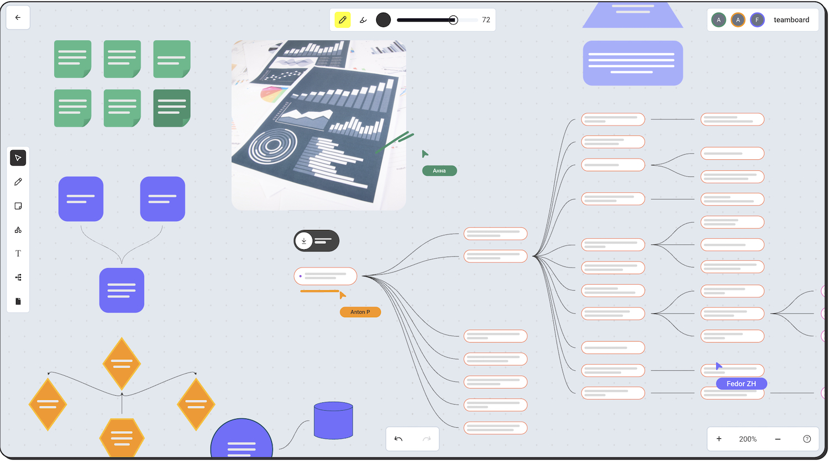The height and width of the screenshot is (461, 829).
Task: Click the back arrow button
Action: coord(18,18)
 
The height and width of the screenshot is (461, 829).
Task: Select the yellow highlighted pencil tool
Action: coord(343,20)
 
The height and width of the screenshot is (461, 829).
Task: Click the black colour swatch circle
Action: coord(383,20)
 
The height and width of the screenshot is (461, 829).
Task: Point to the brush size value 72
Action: coord(486,20)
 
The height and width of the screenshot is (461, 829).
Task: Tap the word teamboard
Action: coord(791,20)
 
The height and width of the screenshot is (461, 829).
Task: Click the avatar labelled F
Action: coord(757,20)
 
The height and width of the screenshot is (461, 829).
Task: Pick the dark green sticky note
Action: coord(172,108)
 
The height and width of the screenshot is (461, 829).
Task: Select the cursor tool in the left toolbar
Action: coord(18,158)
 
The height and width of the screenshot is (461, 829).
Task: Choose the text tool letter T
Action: coord(18,254)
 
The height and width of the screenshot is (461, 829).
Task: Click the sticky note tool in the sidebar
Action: coord(18,206)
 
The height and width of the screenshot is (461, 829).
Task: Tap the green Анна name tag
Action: coord(439,171)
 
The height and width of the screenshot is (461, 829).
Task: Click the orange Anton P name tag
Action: coord(360,312)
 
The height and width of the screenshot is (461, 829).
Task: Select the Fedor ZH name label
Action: coord(741,384)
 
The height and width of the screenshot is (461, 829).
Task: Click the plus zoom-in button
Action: coord(719,439)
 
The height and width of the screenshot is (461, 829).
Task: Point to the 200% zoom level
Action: coord(748,439)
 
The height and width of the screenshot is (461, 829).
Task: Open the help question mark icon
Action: coord(807,439)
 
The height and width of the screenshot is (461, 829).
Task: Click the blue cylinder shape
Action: coord(333,421)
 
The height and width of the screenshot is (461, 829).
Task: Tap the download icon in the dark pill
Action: coord(304,241)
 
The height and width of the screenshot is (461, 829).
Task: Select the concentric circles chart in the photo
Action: coord(272,146)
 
